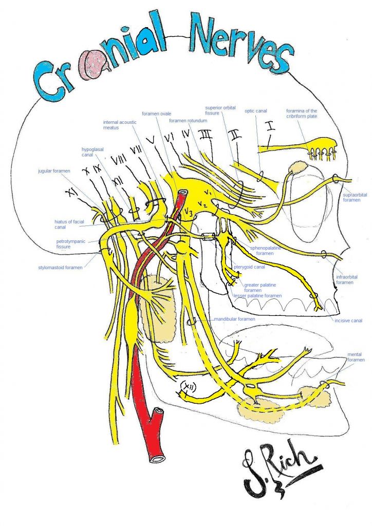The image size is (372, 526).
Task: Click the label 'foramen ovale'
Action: click(x=157, y=114)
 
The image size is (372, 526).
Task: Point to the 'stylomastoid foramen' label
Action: click(x=59, y=267)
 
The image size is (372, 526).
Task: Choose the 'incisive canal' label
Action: click(x=348, y=321)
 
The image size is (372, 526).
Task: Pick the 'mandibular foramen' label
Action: click(x=235, y=319)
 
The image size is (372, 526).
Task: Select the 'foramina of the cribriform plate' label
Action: click(x=302, y=114)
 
